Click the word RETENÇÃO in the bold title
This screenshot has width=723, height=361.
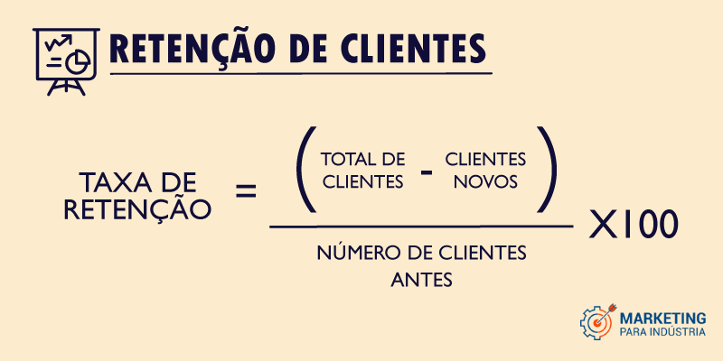pyautogui.click(x=188, y=48)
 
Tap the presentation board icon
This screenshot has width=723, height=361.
pyautogui.click(x=66, y=61)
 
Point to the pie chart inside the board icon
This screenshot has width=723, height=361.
pyautogui.click(x=78, y=62)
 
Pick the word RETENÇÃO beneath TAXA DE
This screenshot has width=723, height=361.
pyautogui.click(x=137, y=208)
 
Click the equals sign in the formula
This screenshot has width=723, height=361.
pyautogui.click(x=246, y=190)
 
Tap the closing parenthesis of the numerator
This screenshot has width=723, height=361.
pyautogui.click(x=547, y=170)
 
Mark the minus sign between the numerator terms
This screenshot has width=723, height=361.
pyautogui.click(x=427, y=173)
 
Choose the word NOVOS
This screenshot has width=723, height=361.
pyautogui.click(x=485, y=182)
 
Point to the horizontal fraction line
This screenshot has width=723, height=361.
pyautogui.click(x=421, y=227)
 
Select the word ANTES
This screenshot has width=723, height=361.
pyautogui.click(x=421, y=280)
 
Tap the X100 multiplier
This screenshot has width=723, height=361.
pyautogui.click(x=634, y=224)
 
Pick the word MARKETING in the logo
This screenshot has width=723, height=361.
pyautogui.click(x=662, y=318)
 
